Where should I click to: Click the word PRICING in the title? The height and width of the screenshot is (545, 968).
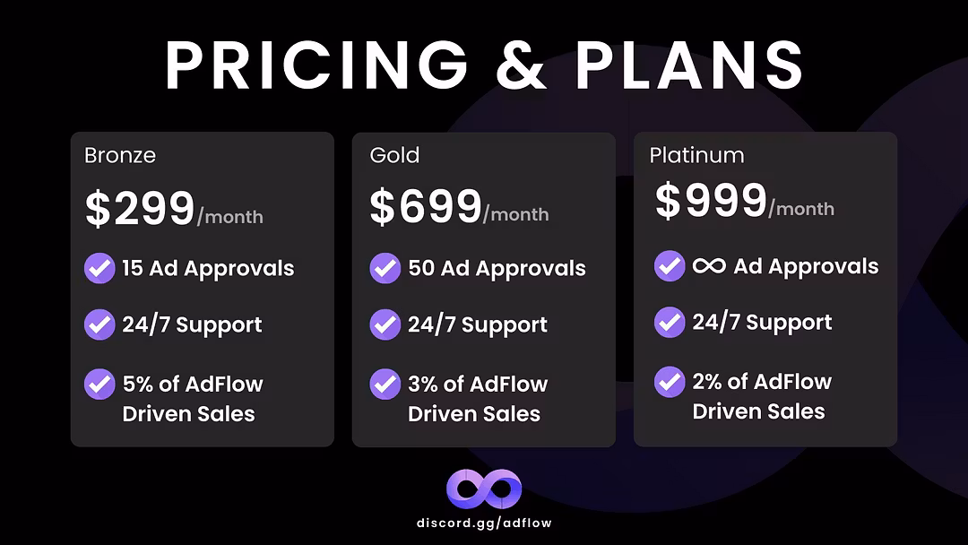pyautogui.click(x=316, y=65)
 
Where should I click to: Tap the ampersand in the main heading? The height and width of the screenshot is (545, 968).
pyautogui.click(x=521, y=65)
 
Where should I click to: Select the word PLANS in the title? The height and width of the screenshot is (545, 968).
pyautogui.click(x=689, y=65)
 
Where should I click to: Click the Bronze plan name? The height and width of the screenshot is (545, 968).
pyautogui.click(x=120, y=155)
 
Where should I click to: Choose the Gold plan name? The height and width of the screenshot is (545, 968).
pyautogui.click(x=394, y=155)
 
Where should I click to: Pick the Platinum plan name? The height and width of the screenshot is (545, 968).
pyautogui.click(x=696, y=155)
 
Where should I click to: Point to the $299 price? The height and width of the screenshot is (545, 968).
pyautogui.click(x=140, y=208)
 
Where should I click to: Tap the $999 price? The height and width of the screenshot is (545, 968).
pyautogui.click(x=711, y=200)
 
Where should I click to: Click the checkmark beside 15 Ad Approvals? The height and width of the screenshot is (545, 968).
pyautogui.click(x=99, y=268)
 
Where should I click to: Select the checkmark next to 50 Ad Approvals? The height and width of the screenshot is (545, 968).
pyautogui.click(x=385, y=268)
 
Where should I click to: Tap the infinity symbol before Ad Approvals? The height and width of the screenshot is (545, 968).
pyautogui.click(x=709, y=266)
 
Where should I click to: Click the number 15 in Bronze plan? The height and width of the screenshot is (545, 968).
pyautogui.click(x=132, y=269)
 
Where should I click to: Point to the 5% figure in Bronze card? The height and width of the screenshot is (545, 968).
pyautogui.click(x=138, y=384)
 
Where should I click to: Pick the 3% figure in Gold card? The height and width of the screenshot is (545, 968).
pyautogui.click(x=423, y=384)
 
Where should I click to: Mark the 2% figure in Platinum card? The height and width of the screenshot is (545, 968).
pyautogui.click(x=707, y=382)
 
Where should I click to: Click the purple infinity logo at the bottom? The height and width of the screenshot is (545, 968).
pyautogui.click(x=484, y=489)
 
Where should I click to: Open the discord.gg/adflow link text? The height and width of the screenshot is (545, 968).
pyautogui.click(x=484, y=523)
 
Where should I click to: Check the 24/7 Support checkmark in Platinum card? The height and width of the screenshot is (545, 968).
pyautogui.click(x=670, y=322)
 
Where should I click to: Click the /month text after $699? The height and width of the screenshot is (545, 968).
pyautogui.click(x=516, y=214)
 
